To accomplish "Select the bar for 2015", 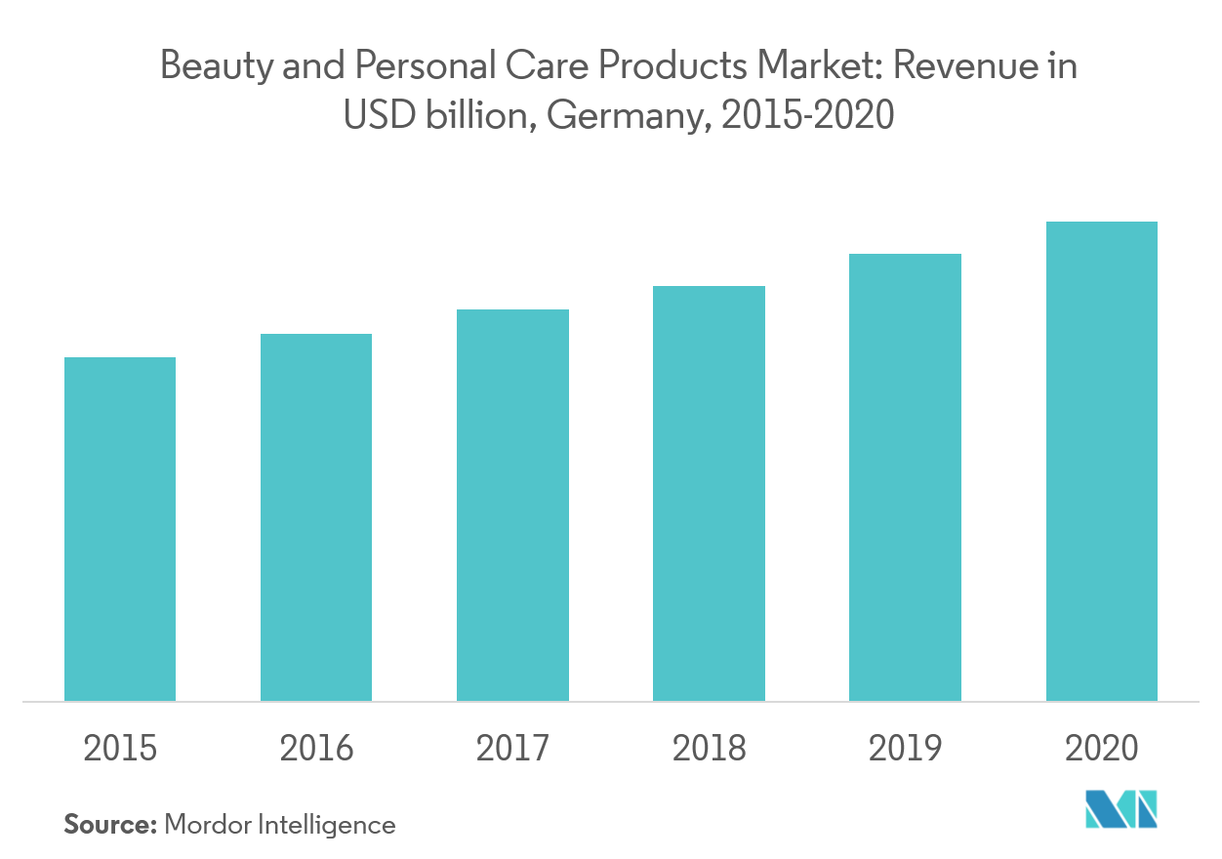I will [120, 529].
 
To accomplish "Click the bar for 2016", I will [316, 517].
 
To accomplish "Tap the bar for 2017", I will [512, 505].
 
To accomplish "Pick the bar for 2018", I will [709, 493].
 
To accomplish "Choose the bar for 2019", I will [905, 477].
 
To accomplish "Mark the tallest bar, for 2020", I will [1101, 461].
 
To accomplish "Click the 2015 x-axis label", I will [120, 749].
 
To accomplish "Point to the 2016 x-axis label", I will [316, 749].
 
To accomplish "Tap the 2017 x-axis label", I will [512, 749].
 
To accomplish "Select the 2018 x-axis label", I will [709, 749].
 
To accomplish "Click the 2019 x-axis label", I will [905, 749].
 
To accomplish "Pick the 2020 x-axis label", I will [1101, 749].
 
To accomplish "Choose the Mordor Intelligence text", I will [280, 824].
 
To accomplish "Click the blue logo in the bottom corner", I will [1120, 810].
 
